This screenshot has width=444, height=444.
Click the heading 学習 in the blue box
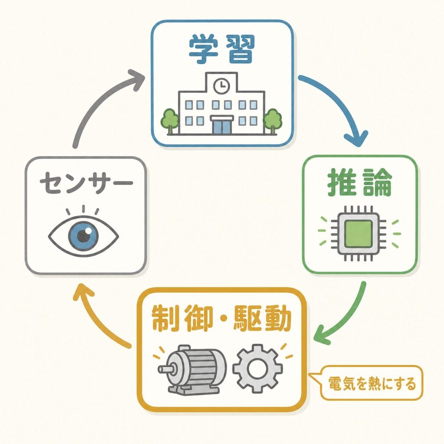222,49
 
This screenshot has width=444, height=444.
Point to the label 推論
359,183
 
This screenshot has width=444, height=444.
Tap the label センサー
86,182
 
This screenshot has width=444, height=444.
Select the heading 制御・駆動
222,318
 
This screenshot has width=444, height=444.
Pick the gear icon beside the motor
258,369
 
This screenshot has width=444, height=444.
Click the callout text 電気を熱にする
372,384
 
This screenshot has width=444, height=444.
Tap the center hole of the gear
258,369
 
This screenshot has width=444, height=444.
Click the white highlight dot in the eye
88,231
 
